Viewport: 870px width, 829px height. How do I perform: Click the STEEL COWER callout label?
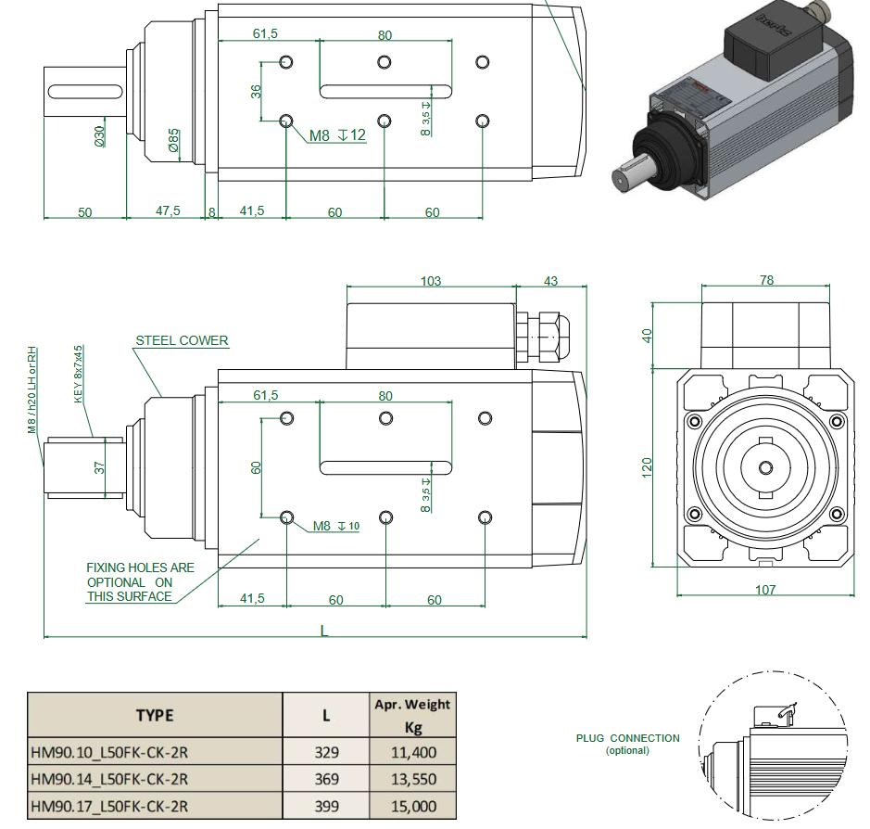[x=182, y=340]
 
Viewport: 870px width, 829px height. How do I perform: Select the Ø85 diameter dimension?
[x=173, y=140]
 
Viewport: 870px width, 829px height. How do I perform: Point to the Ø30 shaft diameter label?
[x=99, y=136]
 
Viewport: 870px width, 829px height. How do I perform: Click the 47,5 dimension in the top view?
[x=168, y=211]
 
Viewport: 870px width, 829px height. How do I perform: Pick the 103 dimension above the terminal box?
[x=431, y=281]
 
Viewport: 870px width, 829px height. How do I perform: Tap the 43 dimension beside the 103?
[x=551, y=281]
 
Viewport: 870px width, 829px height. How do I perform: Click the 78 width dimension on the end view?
[x=766, y=280]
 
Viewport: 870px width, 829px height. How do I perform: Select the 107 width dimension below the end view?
[x=764, y=590]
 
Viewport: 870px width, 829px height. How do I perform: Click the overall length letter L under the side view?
[x=323, y=630]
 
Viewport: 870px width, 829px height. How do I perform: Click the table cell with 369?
[x=326, y=779]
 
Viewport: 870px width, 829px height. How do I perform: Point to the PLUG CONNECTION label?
[x=627, y=739]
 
